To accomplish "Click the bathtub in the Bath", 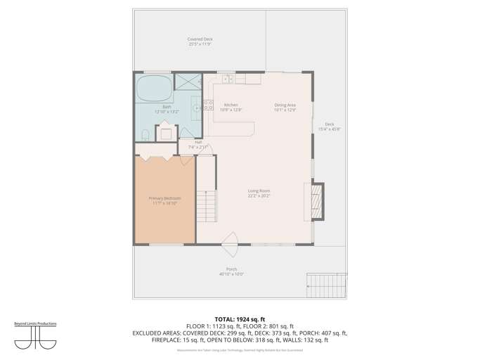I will point(154,89).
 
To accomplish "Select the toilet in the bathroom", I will point(145,134).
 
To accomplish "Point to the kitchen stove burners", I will point(209,105).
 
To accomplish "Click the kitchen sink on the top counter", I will point(227,79).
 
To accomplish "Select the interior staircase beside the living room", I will point(206,205).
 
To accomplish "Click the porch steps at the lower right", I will point(327,284).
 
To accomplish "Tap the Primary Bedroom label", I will point(164,200).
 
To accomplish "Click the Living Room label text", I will point(259,193).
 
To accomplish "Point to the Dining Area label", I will point(285,107).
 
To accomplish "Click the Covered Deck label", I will point(200,41).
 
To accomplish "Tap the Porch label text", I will point(231,271).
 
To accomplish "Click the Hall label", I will point(198,144).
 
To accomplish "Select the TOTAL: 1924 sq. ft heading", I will point(240,319).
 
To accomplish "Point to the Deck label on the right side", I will point(329,127).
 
